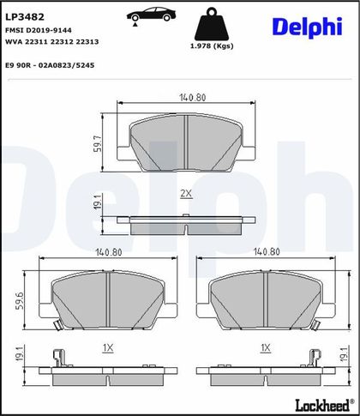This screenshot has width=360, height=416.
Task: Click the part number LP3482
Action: (x=25, y=17)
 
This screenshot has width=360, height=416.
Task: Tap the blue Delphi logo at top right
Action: (x=307, y=27)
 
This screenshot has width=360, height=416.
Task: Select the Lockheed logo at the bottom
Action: (x=324, y=405)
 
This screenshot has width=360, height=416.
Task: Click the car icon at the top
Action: (x=151, y=15)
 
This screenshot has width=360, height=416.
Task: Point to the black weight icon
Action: (x=212, y=24)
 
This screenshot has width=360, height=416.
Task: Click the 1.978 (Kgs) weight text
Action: (x=212, y=46)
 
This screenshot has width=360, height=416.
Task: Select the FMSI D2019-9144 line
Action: (x=39, y=30)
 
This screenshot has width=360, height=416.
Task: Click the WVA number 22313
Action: (x=87, y=42)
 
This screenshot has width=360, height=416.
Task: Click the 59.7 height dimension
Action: (x=98, y=143)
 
